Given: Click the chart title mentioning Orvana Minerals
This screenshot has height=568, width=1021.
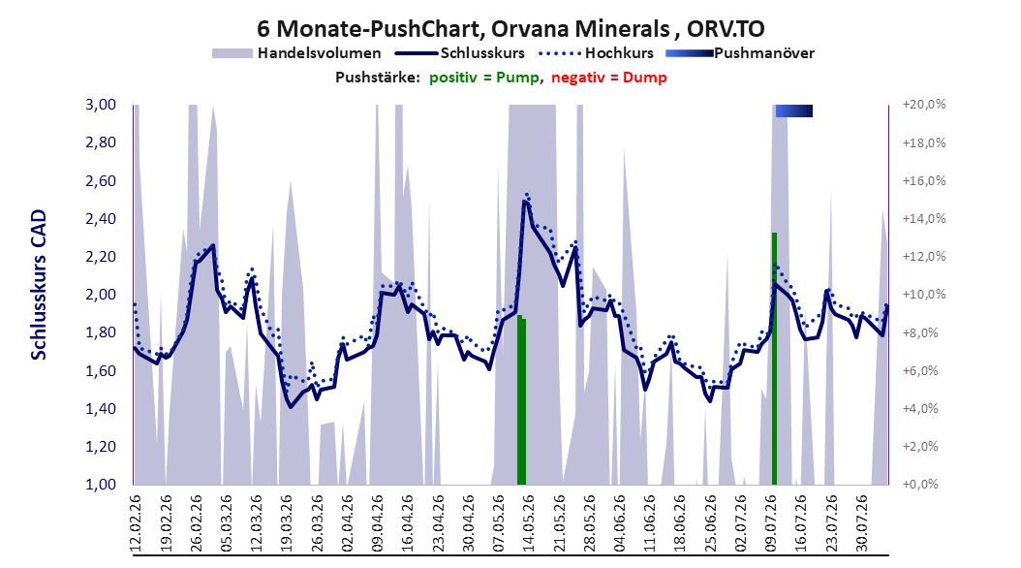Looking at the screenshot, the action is tap(510, 29).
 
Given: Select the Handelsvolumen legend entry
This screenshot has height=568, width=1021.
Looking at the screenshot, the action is tap(297, 53).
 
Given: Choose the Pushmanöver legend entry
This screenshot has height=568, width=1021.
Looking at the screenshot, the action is tap(740, 53).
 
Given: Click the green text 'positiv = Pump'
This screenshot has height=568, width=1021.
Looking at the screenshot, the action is tap(483, 78).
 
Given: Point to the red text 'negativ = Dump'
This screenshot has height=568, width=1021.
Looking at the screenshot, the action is tap(609, 78).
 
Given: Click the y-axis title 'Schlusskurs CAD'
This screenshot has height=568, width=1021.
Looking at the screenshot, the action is tap(39, 285).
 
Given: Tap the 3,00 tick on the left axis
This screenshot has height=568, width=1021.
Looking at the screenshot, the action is tap(101, 105).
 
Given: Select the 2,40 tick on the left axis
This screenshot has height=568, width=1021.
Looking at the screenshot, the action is tap(101, 219).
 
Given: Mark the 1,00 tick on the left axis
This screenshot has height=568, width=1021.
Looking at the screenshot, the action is tap(101, 485).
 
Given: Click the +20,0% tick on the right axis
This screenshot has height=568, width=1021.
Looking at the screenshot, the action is tap(924, 105).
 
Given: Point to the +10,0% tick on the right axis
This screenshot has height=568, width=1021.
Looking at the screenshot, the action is tap(924, 295).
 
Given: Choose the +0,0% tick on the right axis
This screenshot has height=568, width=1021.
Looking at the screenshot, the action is tap(920, 485).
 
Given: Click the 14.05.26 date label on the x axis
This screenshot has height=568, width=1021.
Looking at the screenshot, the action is tap(529, 523).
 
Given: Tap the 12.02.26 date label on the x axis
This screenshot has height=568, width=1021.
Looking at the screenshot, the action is tap(136, 523).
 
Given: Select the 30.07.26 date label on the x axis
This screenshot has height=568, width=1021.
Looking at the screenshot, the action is tap(861, 523).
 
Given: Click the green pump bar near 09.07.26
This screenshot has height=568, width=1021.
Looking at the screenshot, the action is tap(774, 359).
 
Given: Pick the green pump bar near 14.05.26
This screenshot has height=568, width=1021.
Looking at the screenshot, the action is tap(521, 400).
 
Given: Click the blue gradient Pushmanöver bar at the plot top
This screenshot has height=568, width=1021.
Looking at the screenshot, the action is tap(793, 111).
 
